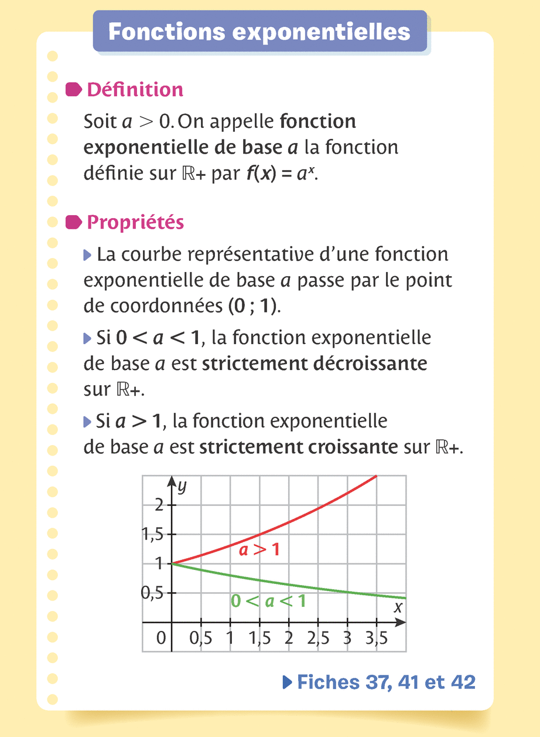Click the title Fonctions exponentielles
pos(259,31)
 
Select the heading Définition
pos(135,90)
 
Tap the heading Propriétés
pos(135,222)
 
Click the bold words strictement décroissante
pos(315,364)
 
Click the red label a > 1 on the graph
pos(259,550)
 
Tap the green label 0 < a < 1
pos(268,601)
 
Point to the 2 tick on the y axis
pos(159,505)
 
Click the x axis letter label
pos(398,607)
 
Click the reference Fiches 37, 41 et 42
pos(379,682)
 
